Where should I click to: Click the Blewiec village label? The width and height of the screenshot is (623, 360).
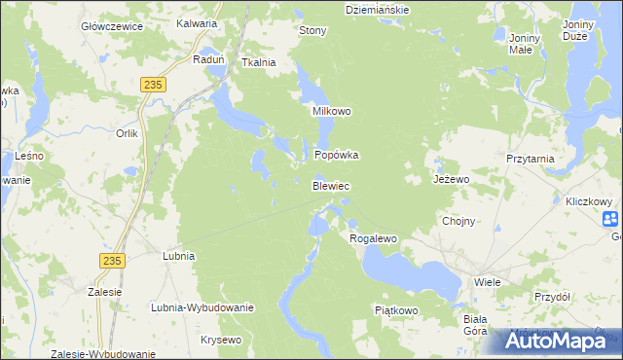pyautogui.click(x=331, y=185)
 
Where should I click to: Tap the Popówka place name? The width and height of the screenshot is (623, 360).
pyautogui.click(x=337, y=155)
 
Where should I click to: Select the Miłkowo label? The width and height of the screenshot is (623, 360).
pyautogui.click(x=331, y=111)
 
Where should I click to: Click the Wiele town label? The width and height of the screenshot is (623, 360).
pyautogui.click(x=487, y=281)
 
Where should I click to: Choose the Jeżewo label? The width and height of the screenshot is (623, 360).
pyautogui.click(x=452, y=180)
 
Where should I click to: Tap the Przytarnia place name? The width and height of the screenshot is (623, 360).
pyautogui.click(x=531, y=158)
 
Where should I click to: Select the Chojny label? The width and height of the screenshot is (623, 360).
pyautogui.click(x=458, y=221)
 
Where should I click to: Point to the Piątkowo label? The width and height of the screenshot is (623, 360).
pyautogui.click(x=396, y=310)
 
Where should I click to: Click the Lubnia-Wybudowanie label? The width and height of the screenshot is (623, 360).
pyautogui.click(x=202, y=307)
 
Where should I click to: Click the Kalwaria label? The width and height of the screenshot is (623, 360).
pyautogui.click(x=199, y=22)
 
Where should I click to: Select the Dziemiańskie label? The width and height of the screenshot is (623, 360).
pyautogui.click(x=378, y=9)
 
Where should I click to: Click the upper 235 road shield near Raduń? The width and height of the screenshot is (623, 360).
pyautogui.click(x=152, y=86)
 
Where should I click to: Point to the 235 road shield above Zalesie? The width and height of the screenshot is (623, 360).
pyautogui.click(x=112, y=260)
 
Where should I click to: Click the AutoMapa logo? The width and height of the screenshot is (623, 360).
pyautogui.click(x=559, y=341)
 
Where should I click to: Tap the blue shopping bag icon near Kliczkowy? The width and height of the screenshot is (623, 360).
pyautogui.click(x=609, y=219)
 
